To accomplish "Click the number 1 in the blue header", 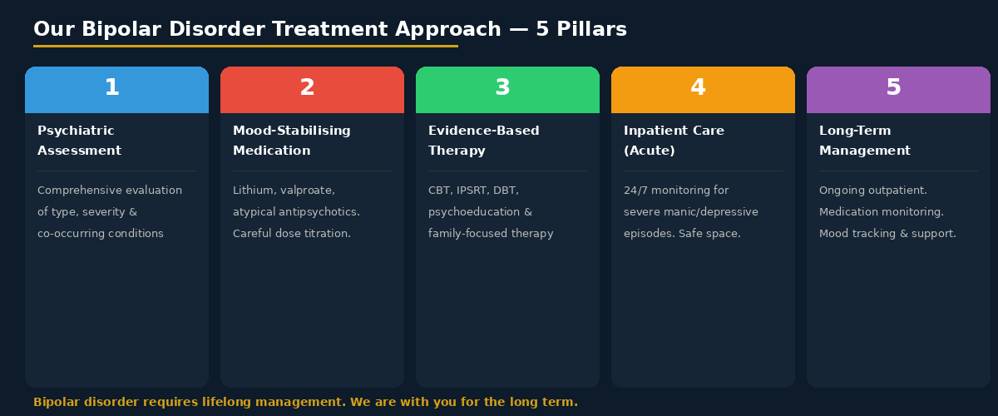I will click(x=112, y=88).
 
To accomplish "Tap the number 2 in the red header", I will click(x=308, y=88).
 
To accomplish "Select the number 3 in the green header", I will click(x=503, y=88).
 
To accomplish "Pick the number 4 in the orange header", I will click(x=699, y=88).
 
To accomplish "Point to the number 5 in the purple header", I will click(x=894, y=88).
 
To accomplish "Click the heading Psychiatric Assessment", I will click(x=79, y=141).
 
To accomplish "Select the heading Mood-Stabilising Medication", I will click(x=291, y=141).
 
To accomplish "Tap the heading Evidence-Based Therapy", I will click(x=483, y=141).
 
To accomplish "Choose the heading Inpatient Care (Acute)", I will click(x=674, y=141).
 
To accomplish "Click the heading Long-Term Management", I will click(x=864, y=141).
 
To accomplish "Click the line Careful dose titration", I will click(x=291, y=234).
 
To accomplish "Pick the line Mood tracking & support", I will click(x=887, y=234).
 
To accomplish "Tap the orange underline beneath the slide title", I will click(x=245, y=46).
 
